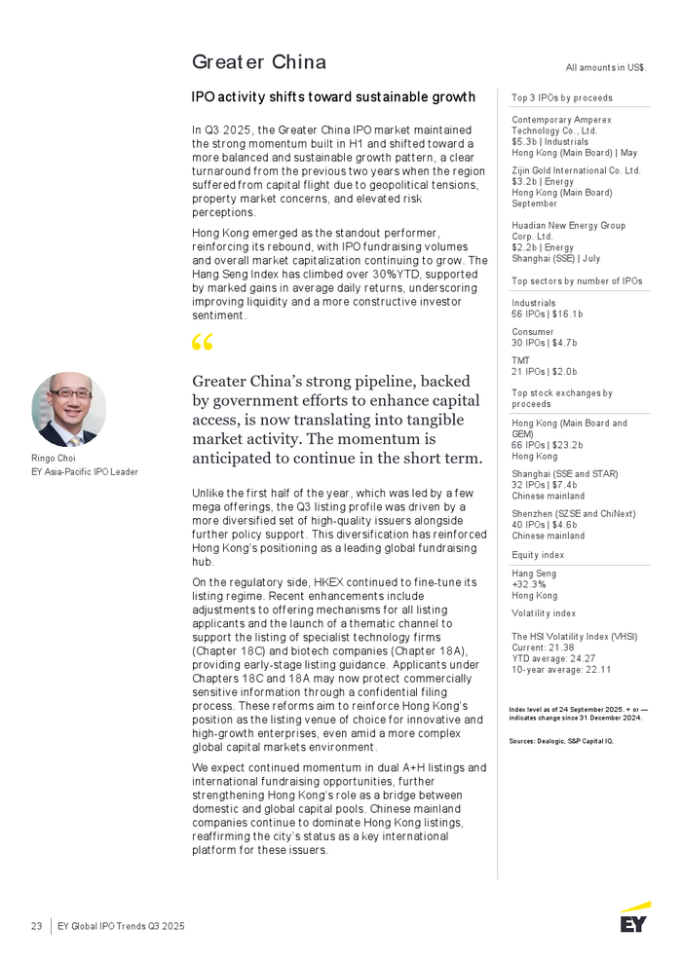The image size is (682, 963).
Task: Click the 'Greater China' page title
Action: point(258,62)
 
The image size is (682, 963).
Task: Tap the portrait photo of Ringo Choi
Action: point(68,409)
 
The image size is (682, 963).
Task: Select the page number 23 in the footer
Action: point(36,926)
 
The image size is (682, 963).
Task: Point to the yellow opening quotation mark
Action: point(203,344)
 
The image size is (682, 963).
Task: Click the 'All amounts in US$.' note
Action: point(607,67)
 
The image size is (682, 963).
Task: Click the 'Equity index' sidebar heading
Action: point(538,555)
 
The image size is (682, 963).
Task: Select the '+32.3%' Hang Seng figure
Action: point(529,584)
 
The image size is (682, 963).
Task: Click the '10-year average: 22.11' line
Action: point(561,669)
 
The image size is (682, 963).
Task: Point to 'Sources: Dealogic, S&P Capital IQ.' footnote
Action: point(561,741)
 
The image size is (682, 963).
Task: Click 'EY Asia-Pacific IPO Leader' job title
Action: point(85,471)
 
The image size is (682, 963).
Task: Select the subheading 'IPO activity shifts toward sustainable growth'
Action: point(333,96)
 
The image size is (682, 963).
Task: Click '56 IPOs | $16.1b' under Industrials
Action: point(548,314)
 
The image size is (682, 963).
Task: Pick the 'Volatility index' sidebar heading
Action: point(544,613)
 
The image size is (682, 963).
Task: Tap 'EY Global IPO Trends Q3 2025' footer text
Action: point(122,926)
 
